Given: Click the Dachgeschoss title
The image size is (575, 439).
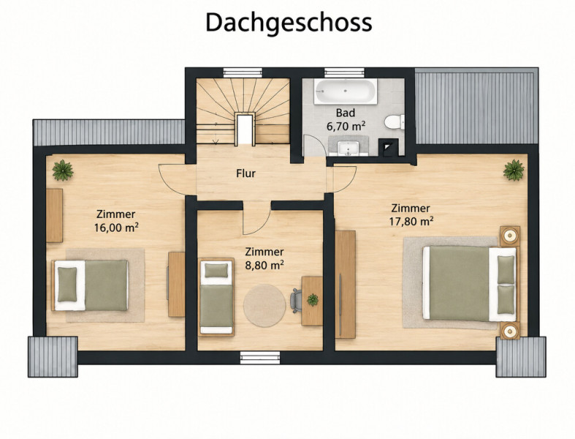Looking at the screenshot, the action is coord(289,23).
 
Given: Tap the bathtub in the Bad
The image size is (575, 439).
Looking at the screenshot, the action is coord(346,91).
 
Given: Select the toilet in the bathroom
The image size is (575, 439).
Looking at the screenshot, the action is coord(395,122).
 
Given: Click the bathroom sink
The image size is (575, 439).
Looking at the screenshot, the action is coord(349,148).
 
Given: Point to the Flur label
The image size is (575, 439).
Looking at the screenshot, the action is coord(245,173).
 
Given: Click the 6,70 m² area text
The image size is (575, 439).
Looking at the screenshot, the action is coord(346,127).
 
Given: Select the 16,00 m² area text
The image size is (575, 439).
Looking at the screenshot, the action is coord(116,228).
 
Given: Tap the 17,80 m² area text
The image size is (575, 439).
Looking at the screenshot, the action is coord(411,222).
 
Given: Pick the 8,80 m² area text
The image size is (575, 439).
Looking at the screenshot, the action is coord(264,265).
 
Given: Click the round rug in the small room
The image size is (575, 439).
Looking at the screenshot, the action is coord(264,306).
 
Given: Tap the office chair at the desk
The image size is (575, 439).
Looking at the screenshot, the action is coord(296,301).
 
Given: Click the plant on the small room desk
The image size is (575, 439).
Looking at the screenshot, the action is coord(313,300).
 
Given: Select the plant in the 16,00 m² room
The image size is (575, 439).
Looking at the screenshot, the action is coord(63,170).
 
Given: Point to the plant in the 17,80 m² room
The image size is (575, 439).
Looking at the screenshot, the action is coord(514,170).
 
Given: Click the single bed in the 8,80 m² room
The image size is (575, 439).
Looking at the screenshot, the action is coord(216,297).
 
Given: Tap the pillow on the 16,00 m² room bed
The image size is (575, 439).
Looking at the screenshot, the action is coord(67,285).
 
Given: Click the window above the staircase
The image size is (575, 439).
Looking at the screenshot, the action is coord(243,72).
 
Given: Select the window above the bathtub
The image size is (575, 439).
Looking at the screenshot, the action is coord(344,72).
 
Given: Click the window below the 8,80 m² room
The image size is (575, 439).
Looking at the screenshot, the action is coord(260,358).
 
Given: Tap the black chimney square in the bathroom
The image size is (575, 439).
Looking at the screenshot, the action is coord(388,148).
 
